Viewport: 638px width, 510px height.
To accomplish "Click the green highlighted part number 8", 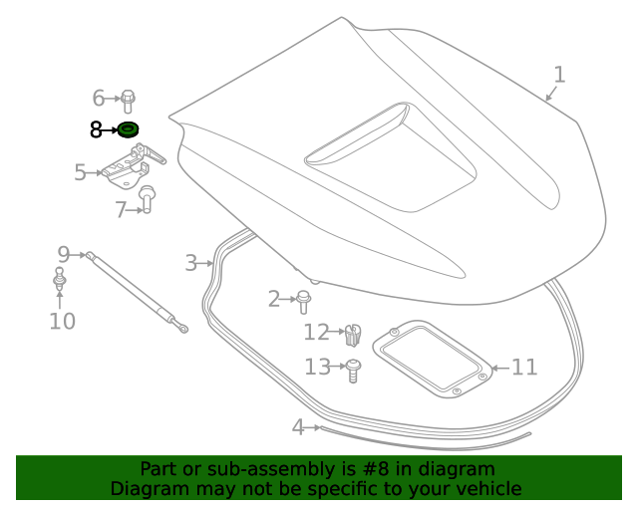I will coord(128,129).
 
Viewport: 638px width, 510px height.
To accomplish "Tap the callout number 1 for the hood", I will coord(559,75).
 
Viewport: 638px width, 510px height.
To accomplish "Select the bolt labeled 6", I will coord(129,99).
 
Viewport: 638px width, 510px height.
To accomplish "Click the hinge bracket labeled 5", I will coord(135,167).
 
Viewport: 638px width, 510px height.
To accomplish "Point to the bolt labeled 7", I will coord(147,199).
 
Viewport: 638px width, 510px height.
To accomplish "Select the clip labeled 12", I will coord(352,334).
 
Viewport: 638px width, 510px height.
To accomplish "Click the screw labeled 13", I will coord(353,371).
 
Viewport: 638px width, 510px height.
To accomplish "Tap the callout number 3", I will coord(190,263).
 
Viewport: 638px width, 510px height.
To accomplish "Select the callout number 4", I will coord(297,427).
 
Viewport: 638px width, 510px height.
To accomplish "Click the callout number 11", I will coord(524,368).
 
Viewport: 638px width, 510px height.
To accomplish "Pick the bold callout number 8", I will coord(96,129).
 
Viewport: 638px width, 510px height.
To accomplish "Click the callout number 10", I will coord(62,321).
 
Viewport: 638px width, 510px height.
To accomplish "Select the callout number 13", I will coord(317,368).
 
